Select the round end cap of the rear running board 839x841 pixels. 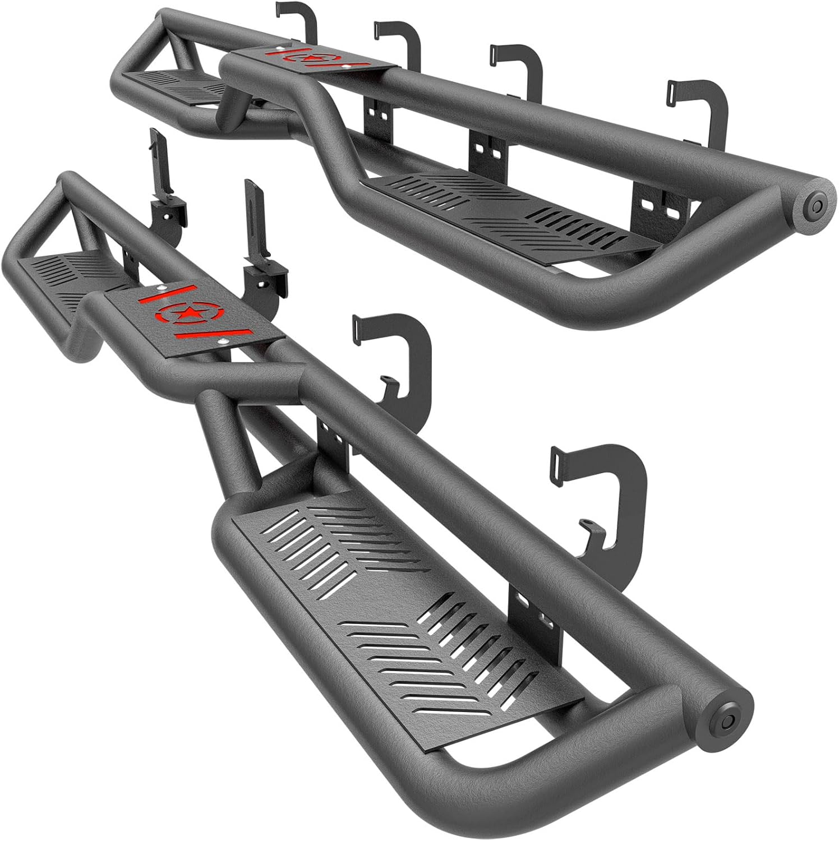click(814, 204)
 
